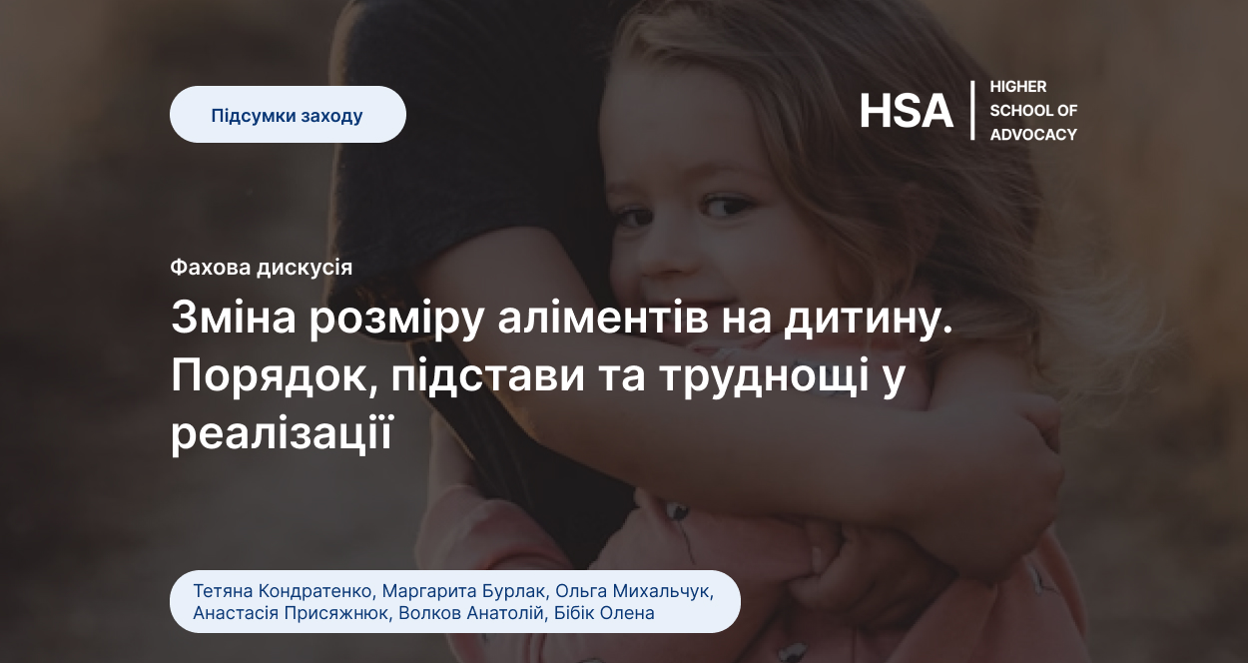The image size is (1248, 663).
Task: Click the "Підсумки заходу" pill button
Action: pyautogui.click(x=288, y=114)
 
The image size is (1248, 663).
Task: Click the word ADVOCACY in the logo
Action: pyautogui.click(x=1033, y=135)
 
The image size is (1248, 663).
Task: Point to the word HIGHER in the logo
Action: pyautogui.click(x=1018, y=87)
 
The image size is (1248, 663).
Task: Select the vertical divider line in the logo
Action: pyautogui.click(x=972, y=110)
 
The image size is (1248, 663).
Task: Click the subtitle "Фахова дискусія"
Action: pyautogui.click(x=262, y=268)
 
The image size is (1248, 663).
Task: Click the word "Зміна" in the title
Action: pyautogui.click(x=234, y=318)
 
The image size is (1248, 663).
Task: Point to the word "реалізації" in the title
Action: pyautogui.click(x=282, y=433)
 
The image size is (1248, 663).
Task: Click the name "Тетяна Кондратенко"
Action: pyautogui.click(x=283, y=591)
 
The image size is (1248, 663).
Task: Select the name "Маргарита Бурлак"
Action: pyautogui.click(x=463, y=591)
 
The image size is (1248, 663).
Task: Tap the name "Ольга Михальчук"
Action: pyautogui.click(x=632, y=591)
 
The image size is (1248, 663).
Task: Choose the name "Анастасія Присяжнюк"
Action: pyautogui.click(x=291, y=613)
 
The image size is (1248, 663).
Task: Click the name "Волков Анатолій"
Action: pyautogui.click(x=471, y=613)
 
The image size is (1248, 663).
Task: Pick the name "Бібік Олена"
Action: pyautogui.click(x=604, y=613)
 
